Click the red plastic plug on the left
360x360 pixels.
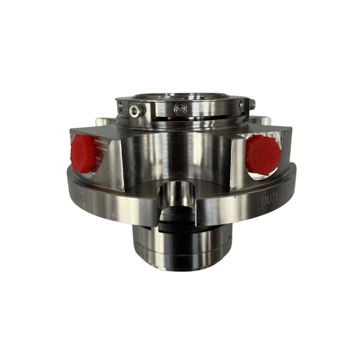(x=85, y=152)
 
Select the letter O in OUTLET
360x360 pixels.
(x=264, y=202)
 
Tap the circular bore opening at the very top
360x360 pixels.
(x=180, y=96)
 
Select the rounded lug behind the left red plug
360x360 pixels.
(x=103, y=123)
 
